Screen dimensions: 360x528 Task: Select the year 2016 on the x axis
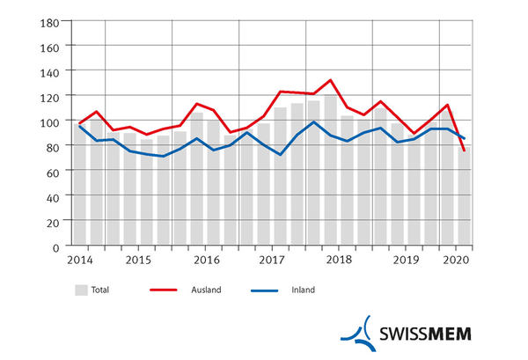(205, 261)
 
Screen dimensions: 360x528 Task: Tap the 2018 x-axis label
(339, 261)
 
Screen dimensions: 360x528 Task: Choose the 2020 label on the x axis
(456, 261)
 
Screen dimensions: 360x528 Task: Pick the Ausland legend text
(208, 290)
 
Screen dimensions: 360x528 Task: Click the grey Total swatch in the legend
(81, 290)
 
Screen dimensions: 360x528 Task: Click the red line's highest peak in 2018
(330, 80)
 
